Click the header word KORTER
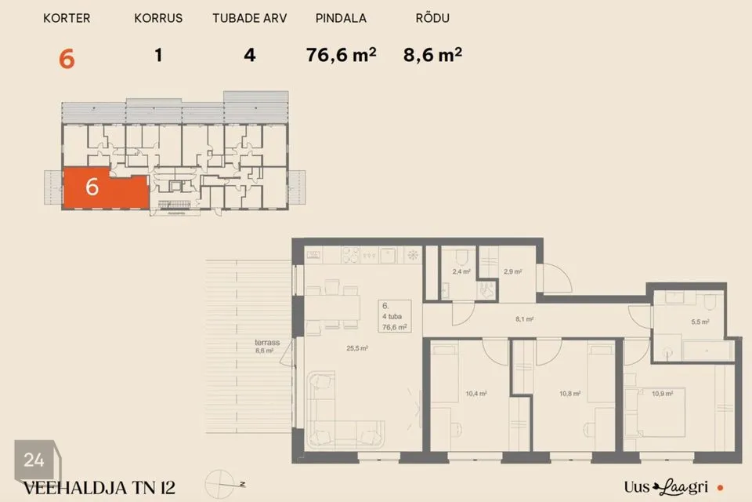[67, 18]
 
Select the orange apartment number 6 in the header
[67, 59]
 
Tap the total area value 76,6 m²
[341, 55]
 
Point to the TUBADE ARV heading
[250, 18]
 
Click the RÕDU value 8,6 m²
[432, 55]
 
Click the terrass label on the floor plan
[267, 343]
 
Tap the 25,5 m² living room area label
[357, 348]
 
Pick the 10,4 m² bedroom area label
[476, 394]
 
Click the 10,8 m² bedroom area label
[569, 394]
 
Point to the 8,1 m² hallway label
[524, 319]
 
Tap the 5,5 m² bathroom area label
[700, 322]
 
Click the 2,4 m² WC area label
[461, 271]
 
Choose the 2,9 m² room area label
[513, 271]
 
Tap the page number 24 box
[34, 460]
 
